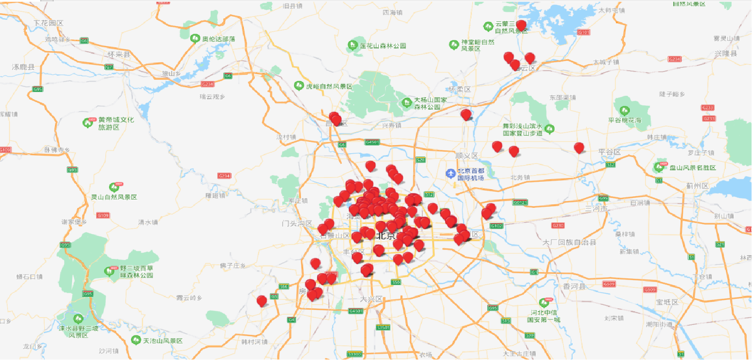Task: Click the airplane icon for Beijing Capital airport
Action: click(450, 174)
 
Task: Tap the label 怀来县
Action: click(119, 55)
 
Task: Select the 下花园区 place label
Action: click(48, 23)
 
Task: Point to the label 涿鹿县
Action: click(23, 67)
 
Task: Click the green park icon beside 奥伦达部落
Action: click(195, 38)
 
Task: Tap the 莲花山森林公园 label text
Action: click(383, 46)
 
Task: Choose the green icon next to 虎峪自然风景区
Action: click(299, 86)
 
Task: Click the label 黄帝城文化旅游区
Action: click(116, 123)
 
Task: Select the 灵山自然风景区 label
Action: click(114, 197)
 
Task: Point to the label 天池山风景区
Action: click(163, 341)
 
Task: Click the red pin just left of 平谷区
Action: click(579, 148)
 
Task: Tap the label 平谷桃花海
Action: click(624, 120)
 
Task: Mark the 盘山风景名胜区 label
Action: click(692, 167)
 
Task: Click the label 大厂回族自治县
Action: click(569, 242)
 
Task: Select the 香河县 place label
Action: click(574, 286)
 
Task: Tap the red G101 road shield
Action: click(584, 32)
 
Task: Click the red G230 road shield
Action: click(558, 225)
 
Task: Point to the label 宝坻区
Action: click(667, 302)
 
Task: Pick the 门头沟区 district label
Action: click(297, 223)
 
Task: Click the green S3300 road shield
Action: click(354, 354)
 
